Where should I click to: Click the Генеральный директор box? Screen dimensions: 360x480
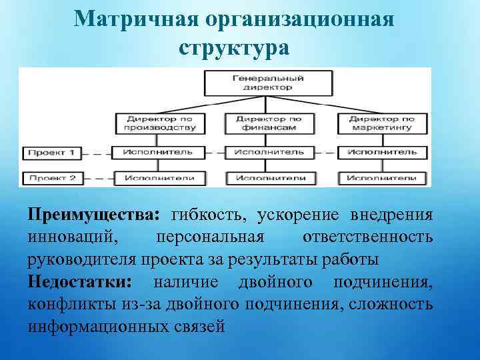coord(268,82)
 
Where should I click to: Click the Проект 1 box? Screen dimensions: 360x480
coord(51,153)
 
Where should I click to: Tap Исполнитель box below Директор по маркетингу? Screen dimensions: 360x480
coord(381,152)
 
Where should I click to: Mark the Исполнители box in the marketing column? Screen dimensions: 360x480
coord(381,178)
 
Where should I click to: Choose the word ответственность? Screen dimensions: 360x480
coord(367,237)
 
